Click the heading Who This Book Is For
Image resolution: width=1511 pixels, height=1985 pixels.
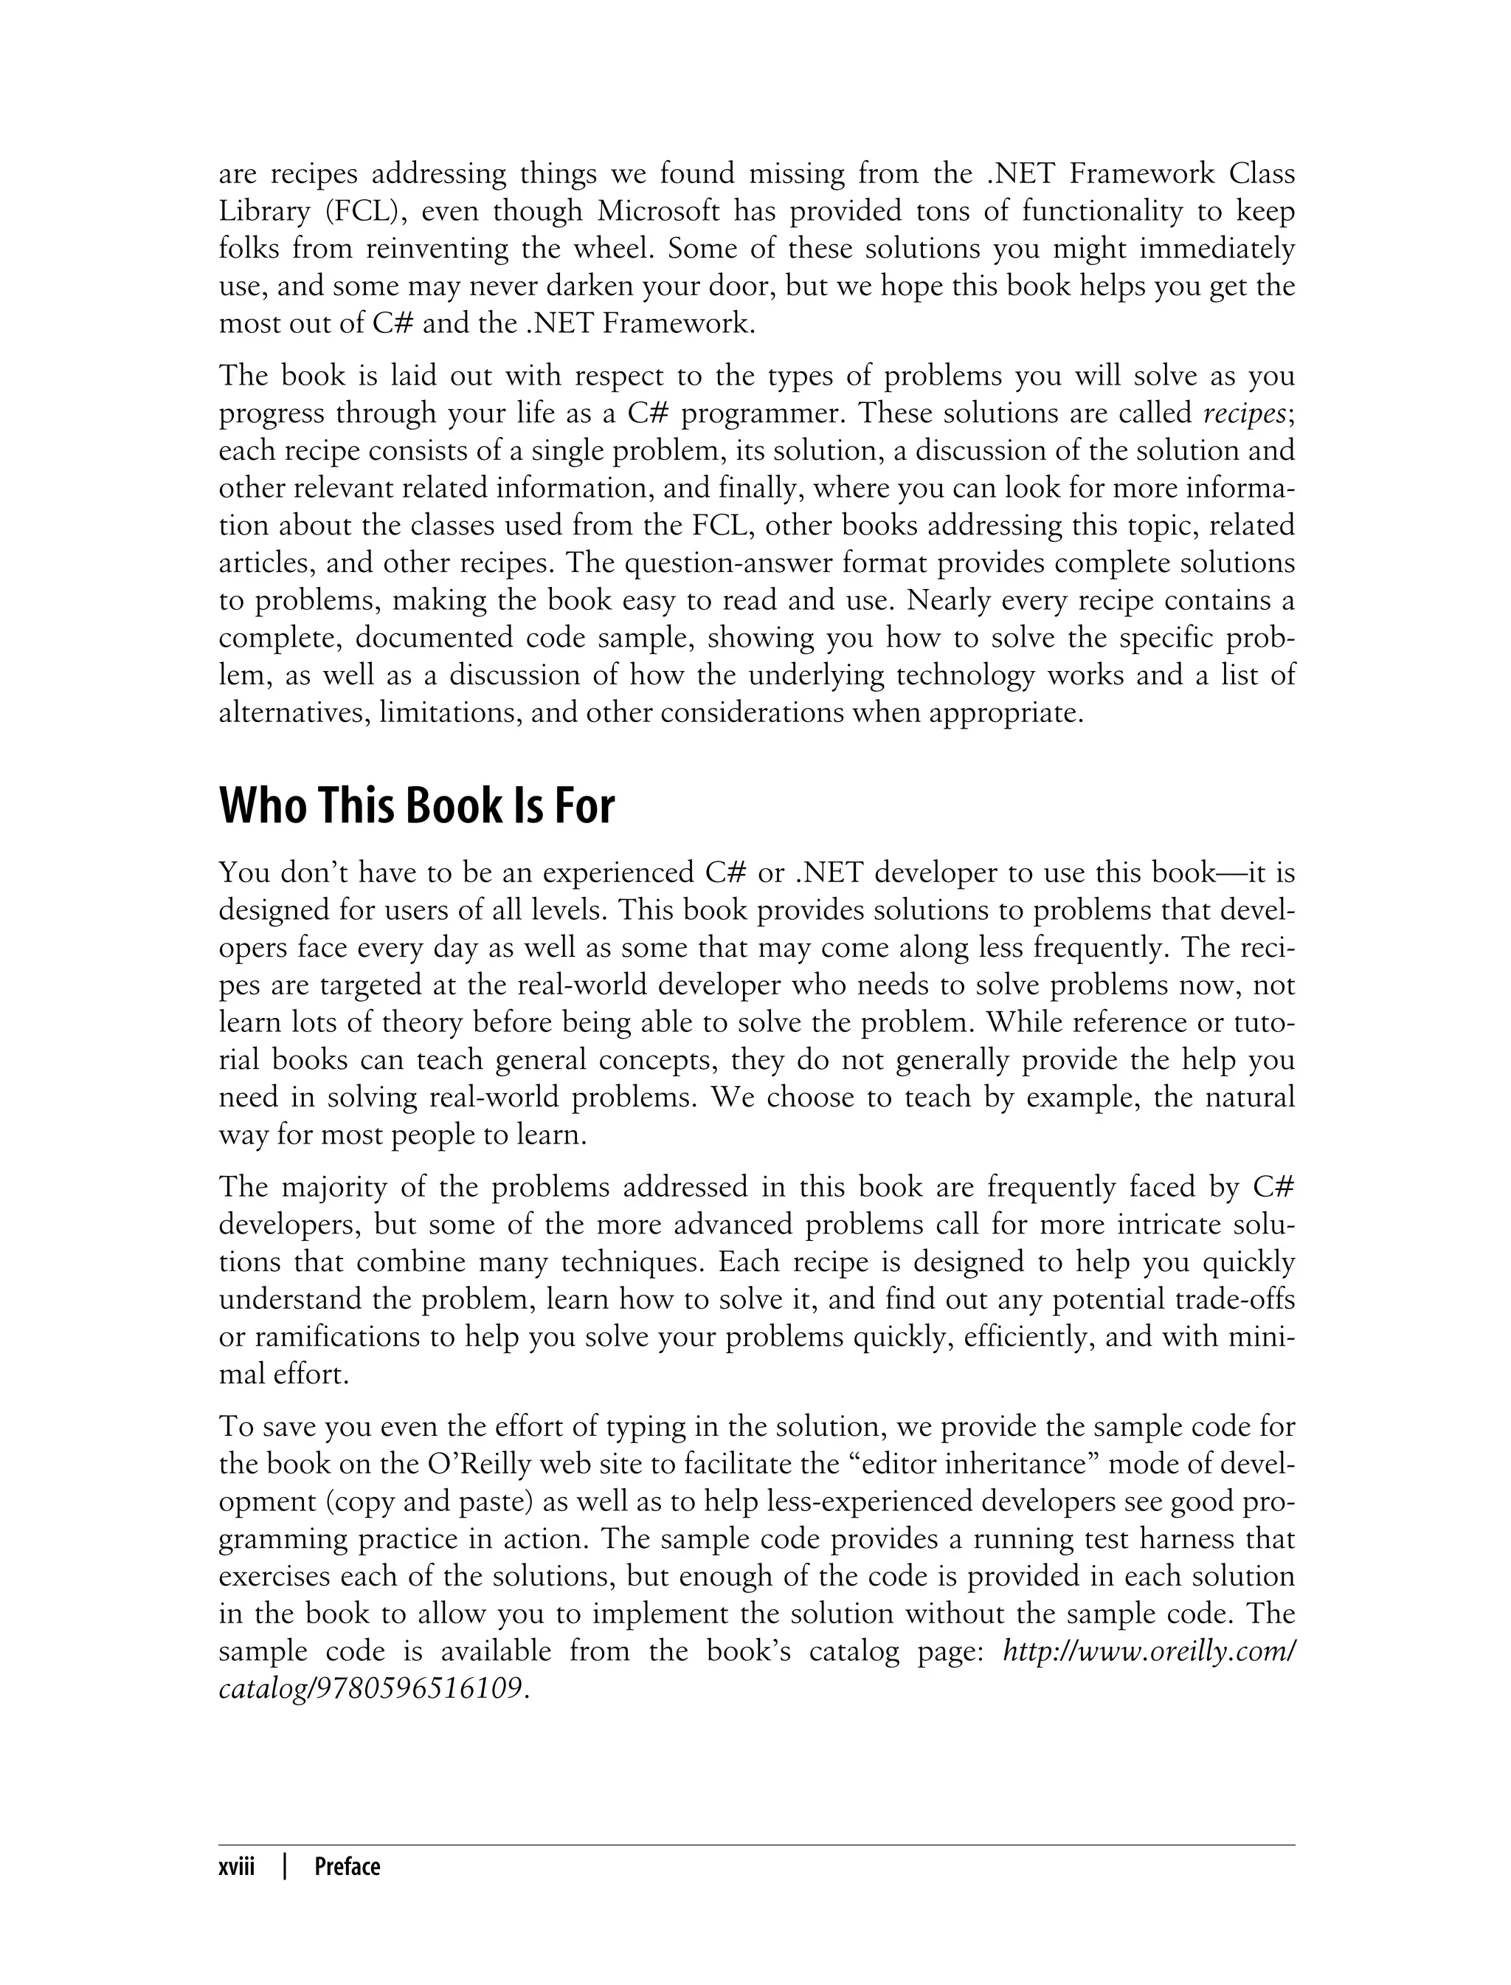tap(416, 805)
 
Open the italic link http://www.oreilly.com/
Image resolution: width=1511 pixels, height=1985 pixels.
tap(1149, 1651)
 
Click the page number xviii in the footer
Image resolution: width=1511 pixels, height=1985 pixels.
tap(237, 1866)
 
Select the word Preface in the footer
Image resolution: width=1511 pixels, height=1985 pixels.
tap(348, 1866)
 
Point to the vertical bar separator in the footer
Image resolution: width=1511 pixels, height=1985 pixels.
tap(285, 1866)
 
